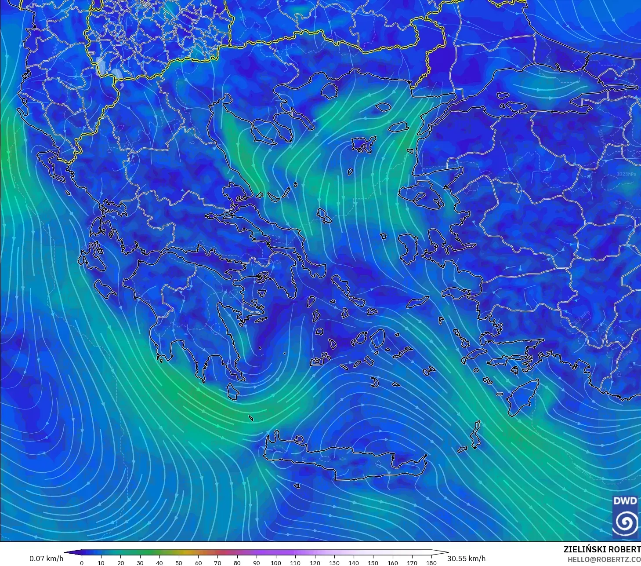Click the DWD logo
pos(625,516)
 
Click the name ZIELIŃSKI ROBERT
pos(602,550)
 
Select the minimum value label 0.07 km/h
pos(46,559)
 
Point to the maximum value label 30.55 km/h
pos(467,559)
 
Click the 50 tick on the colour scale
pos(179,562)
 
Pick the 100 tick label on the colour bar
pos(276,562)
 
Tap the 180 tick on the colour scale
pos(431,562)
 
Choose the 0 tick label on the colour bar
pos(82,562)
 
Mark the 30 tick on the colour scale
pos(140,562)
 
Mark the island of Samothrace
pos(383,106)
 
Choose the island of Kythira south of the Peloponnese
pos(232,391)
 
